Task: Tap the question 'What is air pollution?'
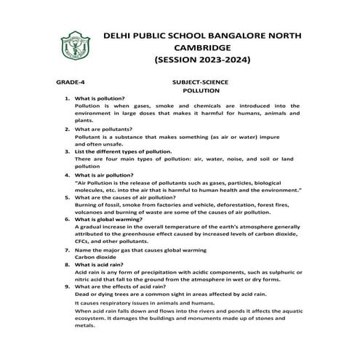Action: [105, 175]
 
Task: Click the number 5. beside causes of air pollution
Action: [67, 197]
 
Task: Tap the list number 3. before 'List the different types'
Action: [67, 151]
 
